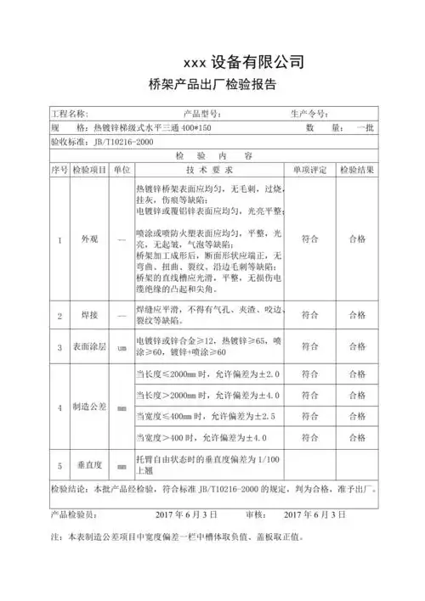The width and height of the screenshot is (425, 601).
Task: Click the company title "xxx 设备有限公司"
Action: click(243, 62)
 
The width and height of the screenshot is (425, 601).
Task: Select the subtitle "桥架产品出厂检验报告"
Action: click(212, 85)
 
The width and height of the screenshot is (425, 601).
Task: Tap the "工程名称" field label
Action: click(71, 114)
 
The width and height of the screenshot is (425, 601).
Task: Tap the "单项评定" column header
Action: click(310, 170)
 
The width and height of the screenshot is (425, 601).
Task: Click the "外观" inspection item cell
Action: click(89, 240)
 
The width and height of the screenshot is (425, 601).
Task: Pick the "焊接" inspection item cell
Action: click(89, 316)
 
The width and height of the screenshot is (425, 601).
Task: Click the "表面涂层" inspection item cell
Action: click(89, 347)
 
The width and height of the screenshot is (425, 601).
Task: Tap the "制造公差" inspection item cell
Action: click(89, 407)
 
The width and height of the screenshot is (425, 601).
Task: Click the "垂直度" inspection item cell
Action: click(89, 466)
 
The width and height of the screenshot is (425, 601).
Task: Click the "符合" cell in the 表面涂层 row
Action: click(310, 347)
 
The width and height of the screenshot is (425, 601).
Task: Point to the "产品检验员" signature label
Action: click(74, 514)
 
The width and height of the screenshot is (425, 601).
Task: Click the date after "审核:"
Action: click(315, 514)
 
